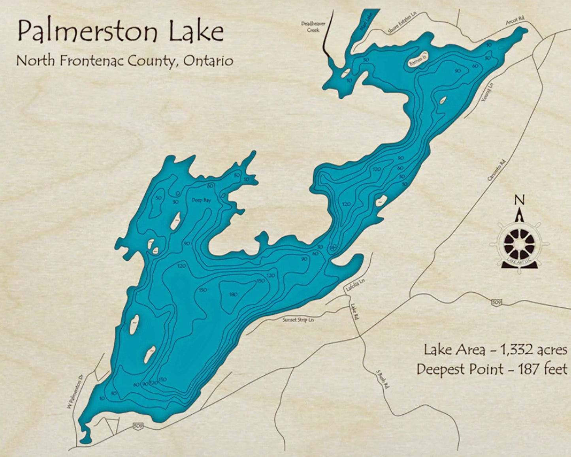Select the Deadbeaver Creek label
(313, 26)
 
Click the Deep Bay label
(202, 200)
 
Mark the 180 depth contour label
(233, 294)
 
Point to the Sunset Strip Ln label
(298, 320)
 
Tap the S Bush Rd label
(381, 380)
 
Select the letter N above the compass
(519, 200)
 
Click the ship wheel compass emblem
(519, 244)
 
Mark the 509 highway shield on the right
(497, 303)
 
